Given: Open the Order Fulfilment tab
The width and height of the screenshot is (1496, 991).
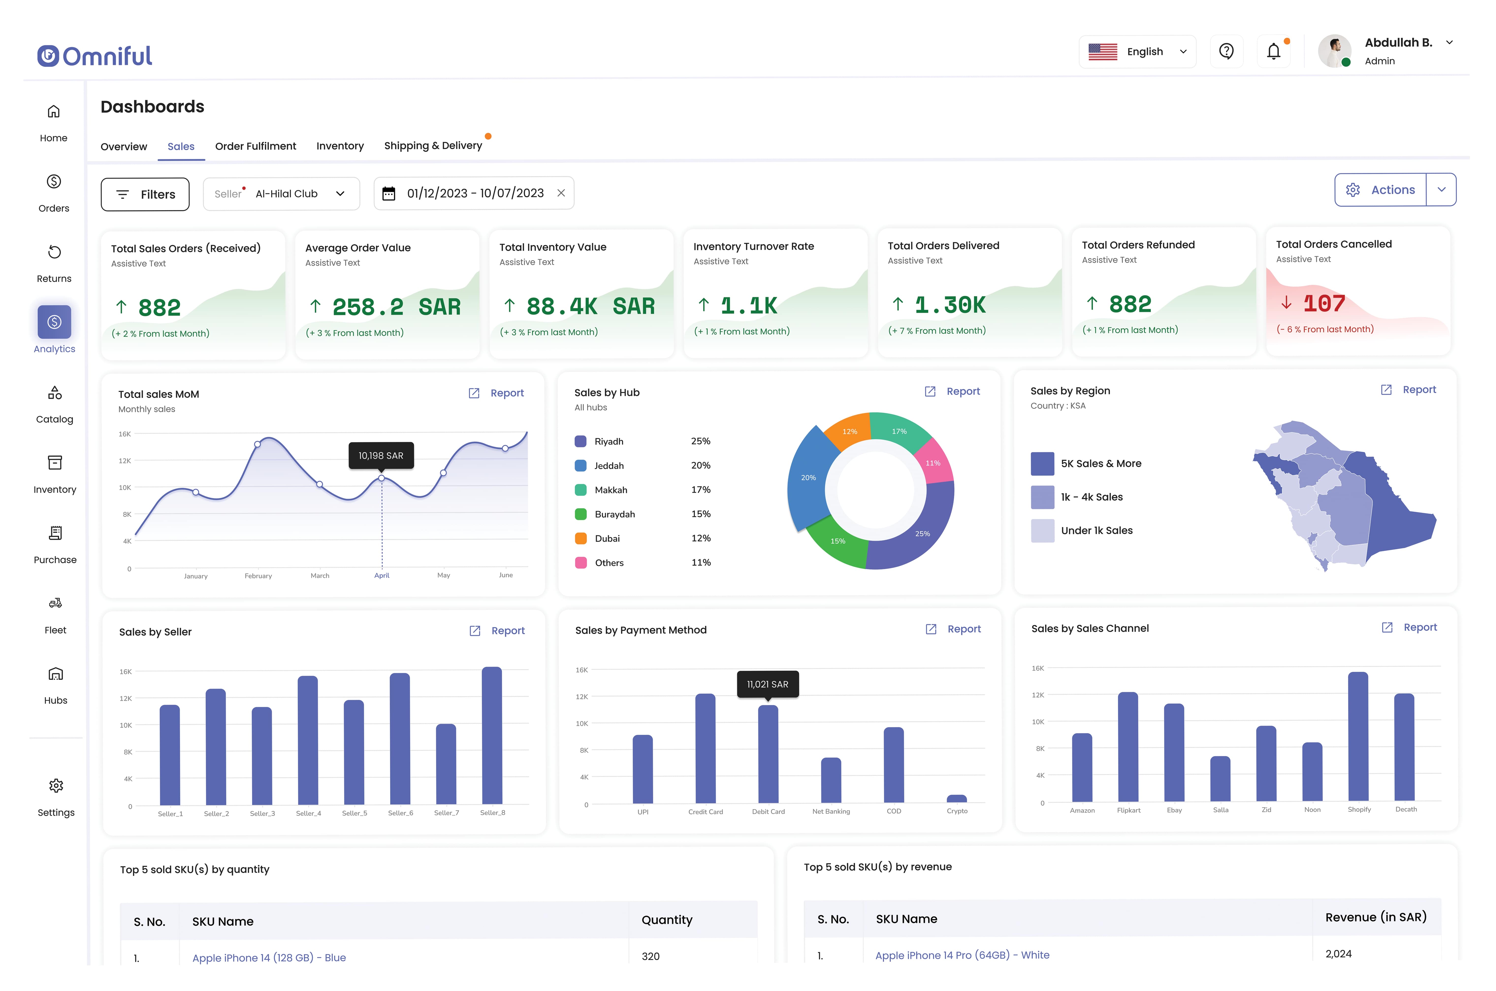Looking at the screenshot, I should (x=255, y=146).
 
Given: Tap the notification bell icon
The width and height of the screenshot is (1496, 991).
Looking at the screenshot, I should (x=1273, y=51).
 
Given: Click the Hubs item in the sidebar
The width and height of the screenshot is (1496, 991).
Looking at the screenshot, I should (x=56, y=685).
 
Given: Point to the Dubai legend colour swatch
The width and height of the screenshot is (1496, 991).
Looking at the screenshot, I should (x=580, y=539).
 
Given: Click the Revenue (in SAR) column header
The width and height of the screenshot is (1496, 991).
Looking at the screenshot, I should (x=1375, y=917).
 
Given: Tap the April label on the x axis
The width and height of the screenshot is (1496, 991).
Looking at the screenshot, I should (x=382, y=575).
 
